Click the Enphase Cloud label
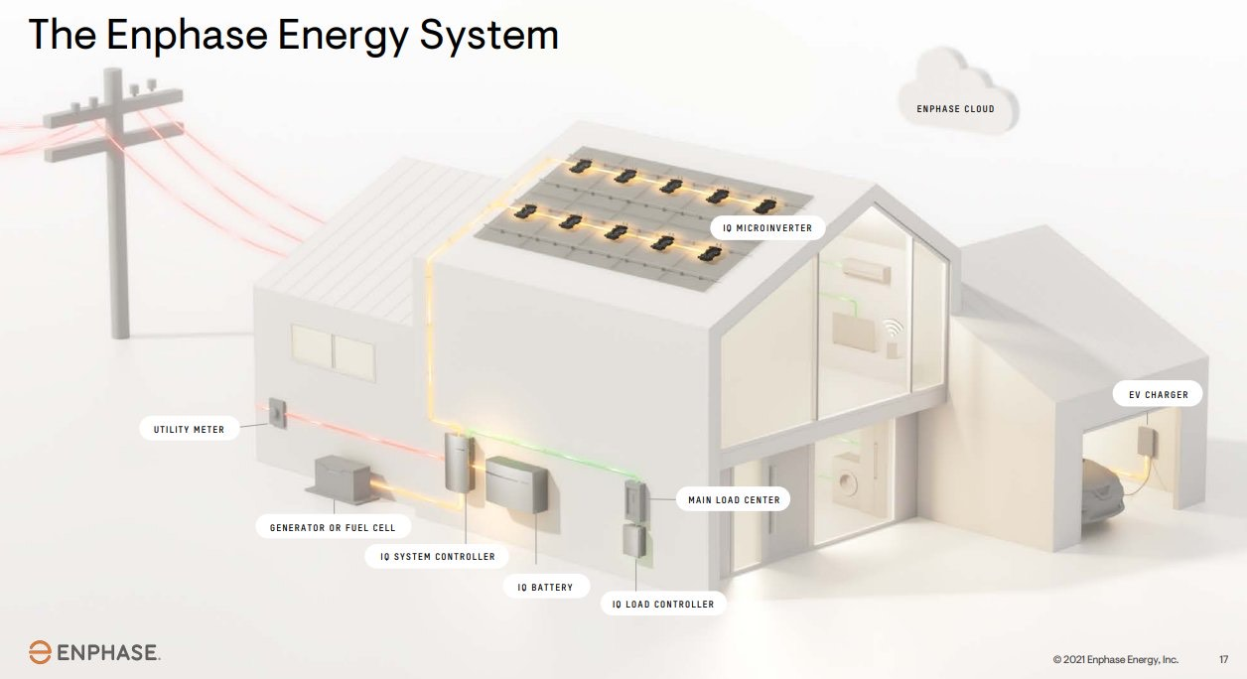coord(954,108)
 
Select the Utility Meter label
coord(189,430)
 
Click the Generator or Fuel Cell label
coord(333,527)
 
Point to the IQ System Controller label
coord(437,556)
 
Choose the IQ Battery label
coord(545,587)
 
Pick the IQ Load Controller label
coord(663,604)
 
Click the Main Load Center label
coord(734,499)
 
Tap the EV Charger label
coord(1158,394)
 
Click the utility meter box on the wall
coord(276,413)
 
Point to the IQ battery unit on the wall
coord(516,484)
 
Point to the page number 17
coord(1223,659)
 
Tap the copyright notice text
coord(1115,659)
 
